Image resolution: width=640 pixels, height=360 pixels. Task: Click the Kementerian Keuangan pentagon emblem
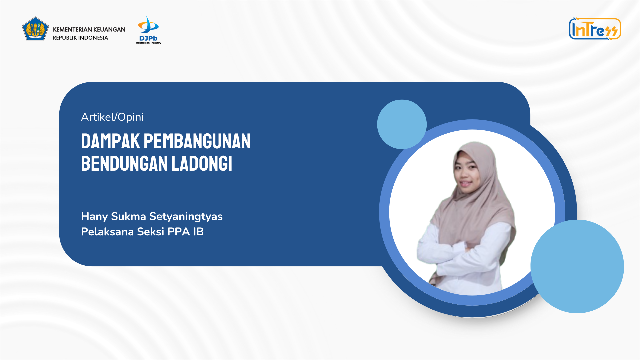coord(35,29)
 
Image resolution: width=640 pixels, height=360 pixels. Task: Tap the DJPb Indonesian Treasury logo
coord(148,30)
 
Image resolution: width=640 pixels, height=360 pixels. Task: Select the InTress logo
coord(595,29)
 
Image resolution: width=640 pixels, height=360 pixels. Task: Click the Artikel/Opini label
coord(112,117)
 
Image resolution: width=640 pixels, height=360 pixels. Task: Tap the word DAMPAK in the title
coord(111,141)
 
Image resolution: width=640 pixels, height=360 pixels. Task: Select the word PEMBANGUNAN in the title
coord(197,141)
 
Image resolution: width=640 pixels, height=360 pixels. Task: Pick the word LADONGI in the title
coord(202,163)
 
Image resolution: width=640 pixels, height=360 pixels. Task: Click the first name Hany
coord(94,217)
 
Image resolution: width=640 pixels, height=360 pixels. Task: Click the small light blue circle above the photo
coord(402,124)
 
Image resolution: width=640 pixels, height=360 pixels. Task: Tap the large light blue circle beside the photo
coord(577,266)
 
